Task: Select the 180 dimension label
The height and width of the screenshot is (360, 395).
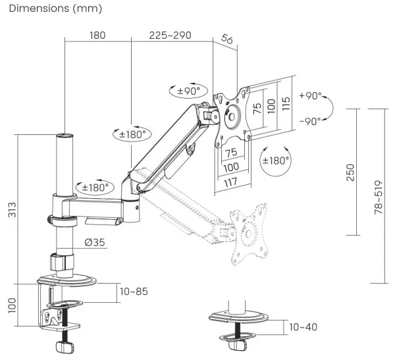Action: [x=97, y=35]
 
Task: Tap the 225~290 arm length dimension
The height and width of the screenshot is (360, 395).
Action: [x=169, y=35]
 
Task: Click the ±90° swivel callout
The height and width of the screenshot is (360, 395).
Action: [x=188, y=91]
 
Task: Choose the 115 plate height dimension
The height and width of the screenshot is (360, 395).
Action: [x=286, y=104]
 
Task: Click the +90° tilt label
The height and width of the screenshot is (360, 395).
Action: [x=311, y=96]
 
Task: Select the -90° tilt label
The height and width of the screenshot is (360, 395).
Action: [x=311, y=121]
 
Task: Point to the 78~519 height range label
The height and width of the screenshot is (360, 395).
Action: [x=377, y=195]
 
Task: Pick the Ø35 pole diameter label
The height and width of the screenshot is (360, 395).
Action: [x=95, y=242]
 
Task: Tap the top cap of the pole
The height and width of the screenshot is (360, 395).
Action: [x=65, y=136]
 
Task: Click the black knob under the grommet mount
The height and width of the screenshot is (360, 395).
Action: [x=236, y=344]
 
